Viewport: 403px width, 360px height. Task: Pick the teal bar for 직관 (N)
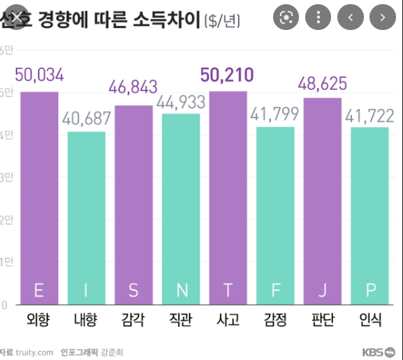click(x=181, y=209)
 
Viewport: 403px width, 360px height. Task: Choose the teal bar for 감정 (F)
click(x=275, y=216)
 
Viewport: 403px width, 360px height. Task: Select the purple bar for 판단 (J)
click(x=323, y=202)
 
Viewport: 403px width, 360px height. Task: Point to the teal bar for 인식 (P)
click(x=370, y=216)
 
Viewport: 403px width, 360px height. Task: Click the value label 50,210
click(x=227, y=75)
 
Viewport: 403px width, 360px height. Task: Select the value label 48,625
click(x=323, y=84)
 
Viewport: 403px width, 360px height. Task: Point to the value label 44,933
click(x=181, y=102)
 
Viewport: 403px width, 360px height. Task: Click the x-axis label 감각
click(x=133, y=321)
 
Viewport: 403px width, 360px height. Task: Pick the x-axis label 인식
click(x=370, y=321)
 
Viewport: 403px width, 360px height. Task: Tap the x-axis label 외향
click(x=39, y=321)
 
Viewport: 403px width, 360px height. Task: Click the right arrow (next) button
click(x=382, y=17)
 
